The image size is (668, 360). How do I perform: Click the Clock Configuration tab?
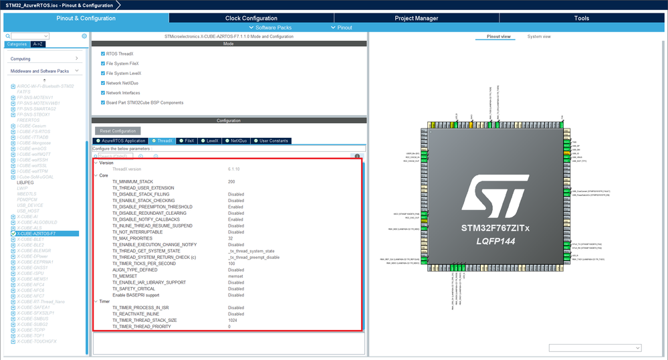[x=251, y=19]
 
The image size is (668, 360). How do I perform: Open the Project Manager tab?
[x=417, y=19]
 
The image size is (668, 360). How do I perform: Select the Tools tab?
[x=582, y=19]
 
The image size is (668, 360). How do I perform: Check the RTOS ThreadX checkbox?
[x=102, y=54]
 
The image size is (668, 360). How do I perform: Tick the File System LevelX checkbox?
[x=102, y=73]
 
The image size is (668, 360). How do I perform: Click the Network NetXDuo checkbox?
[x=102, y=83]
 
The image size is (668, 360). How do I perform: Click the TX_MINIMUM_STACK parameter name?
[x=132, y=182]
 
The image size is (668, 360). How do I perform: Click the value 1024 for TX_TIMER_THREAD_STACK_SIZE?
[x=233, y=320]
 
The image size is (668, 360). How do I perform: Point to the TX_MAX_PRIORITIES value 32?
[x=231, y=238]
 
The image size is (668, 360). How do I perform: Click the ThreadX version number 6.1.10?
[x=235, y=169]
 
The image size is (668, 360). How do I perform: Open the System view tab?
[x=539, y=37]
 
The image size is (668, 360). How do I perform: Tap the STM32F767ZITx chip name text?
[x=495, y=228]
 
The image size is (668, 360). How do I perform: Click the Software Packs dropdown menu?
[x=273, y=27]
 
